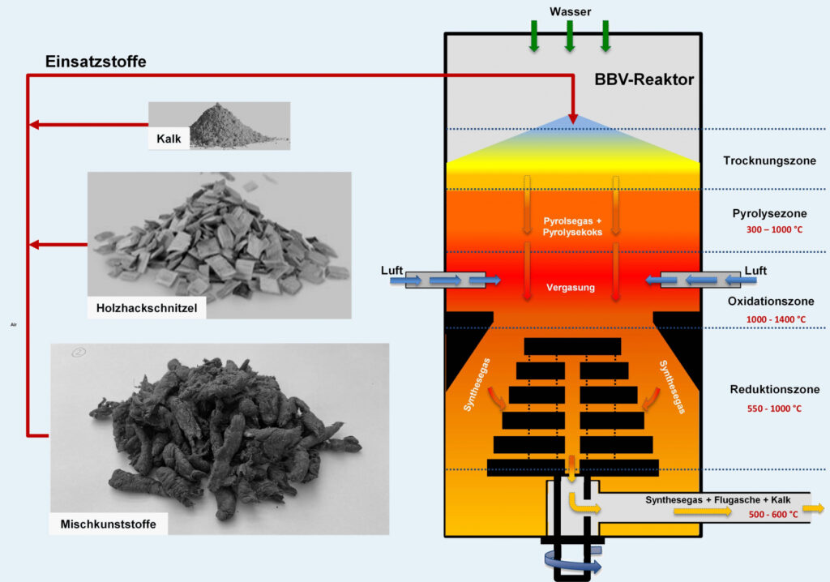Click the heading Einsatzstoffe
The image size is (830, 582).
[95, 62]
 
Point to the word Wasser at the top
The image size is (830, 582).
[569, 11]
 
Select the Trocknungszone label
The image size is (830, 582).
[769, 160]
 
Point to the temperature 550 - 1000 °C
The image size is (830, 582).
[774, 409]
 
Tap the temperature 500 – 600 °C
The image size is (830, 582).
[774, 514]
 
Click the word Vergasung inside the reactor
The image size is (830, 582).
[571, 288]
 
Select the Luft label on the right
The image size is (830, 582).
[755, 271]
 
